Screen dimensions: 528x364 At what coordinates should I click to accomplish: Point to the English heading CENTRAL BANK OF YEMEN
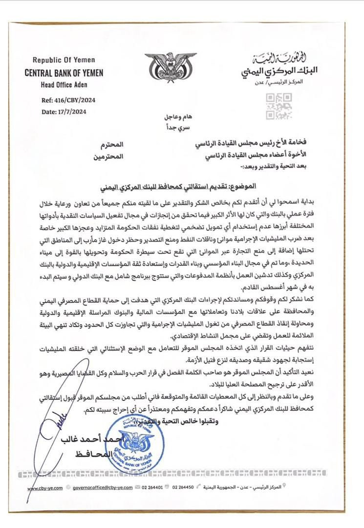(64, 73)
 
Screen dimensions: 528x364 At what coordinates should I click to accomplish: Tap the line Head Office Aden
(62, 84)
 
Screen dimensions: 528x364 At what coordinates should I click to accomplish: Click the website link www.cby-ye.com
(45, 488)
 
